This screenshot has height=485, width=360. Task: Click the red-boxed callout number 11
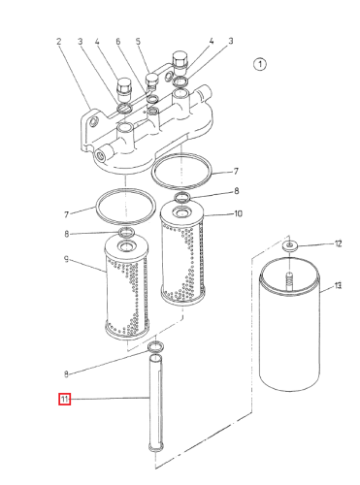click(64, 399)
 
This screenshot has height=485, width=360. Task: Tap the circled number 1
click(260, 64)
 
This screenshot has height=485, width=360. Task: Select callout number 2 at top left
click(58, 42)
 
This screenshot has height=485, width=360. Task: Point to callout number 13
click(338, 286)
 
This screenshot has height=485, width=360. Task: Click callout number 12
click(338, 243)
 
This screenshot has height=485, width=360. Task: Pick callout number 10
click(238, 213)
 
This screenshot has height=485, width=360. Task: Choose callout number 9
click(66, 259)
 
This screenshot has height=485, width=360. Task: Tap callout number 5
click(138, 42)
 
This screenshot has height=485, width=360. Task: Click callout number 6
click(117, 42)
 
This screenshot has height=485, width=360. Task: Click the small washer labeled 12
click(289, 245)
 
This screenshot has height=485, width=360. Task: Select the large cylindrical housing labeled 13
click(290, 323)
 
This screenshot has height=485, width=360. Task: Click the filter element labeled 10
click(182, 252)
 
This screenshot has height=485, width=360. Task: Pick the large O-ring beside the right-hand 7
click(182, 171)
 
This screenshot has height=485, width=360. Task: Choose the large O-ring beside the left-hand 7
click(126, 207)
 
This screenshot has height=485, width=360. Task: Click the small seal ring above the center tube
click(155, 347)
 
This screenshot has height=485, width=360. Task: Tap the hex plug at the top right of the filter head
click(180, 60)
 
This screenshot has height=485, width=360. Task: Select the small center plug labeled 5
click(150, 81)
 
